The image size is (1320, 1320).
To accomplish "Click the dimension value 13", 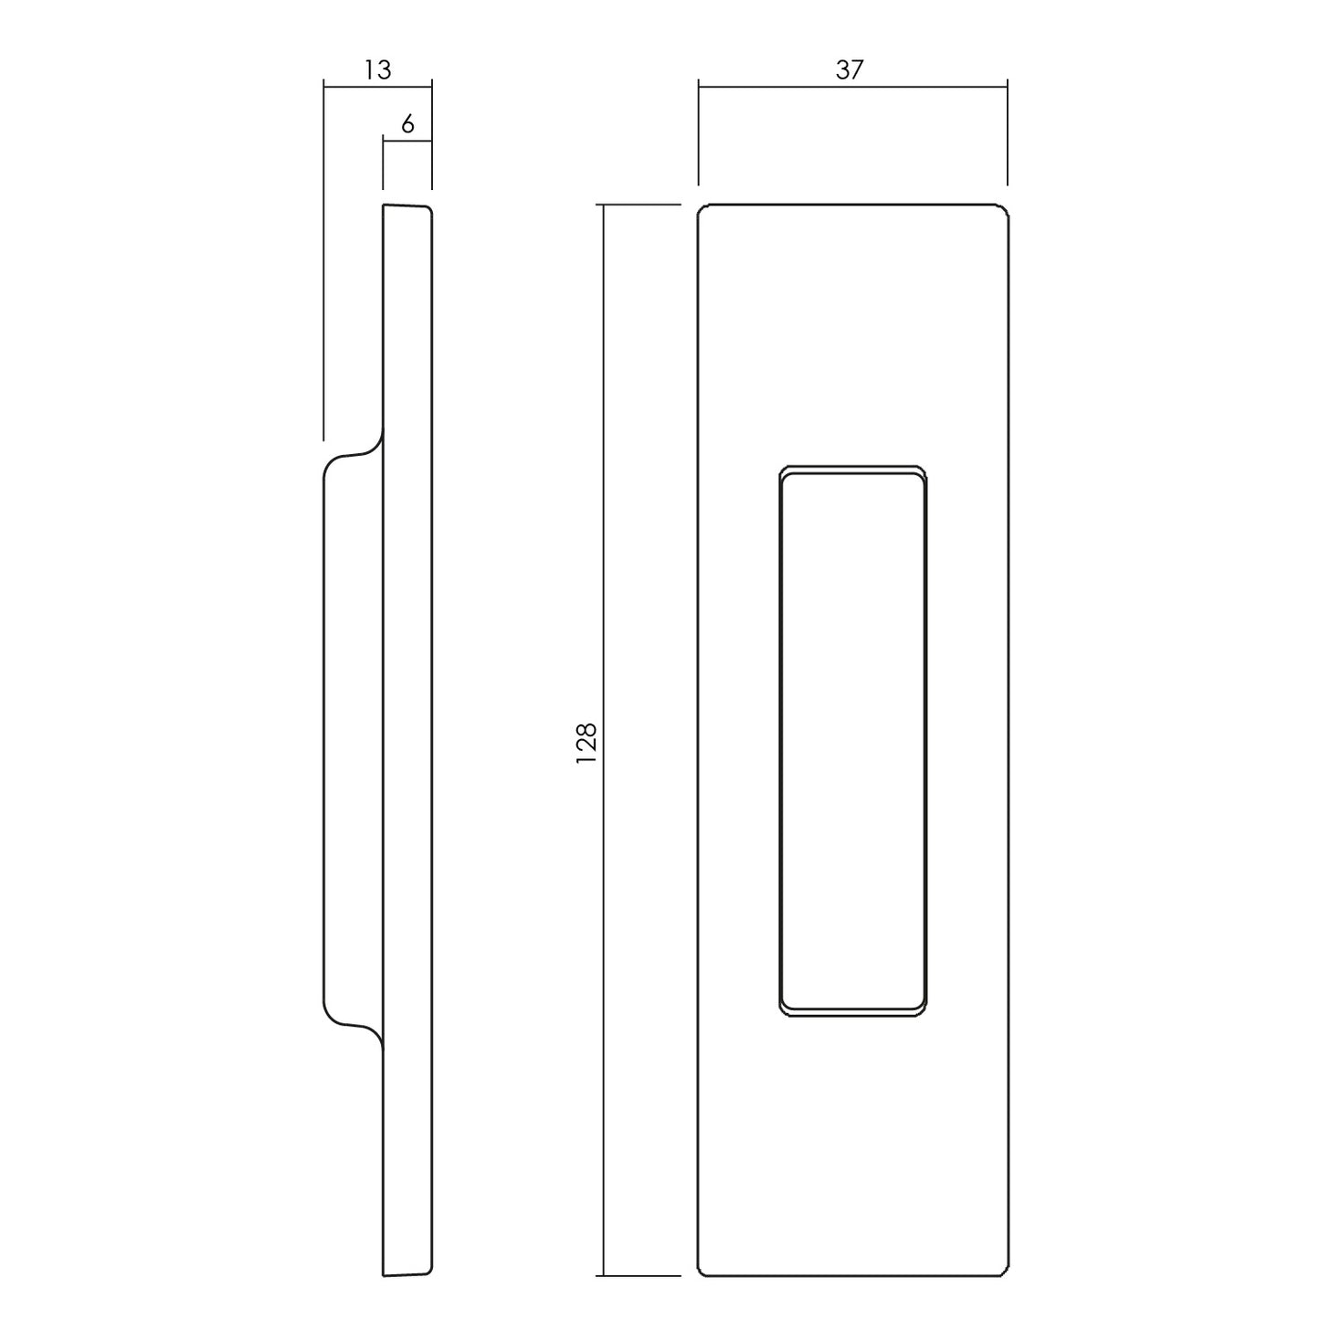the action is coord(377,69).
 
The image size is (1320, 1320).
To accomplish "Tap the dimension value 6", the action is coord(407,124).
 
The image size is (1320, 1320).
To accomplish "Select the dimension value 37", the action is coord(850,69).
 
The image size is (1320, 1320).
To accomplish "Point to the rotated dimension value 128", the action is coord(587,744).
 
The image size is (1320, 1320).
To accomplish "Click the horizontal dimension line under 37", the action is coord(853,87).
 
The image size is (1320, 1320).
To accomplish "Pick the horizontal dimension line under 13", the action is coord(377,87).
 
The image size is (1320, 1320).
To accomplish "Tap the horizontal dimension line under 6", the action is coord(407,142).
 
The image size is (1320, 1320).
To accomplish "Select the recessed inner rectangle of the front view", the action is coord(853,741).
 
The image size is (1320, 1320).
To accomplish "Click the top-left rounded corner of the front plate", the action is coord(702,208).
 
